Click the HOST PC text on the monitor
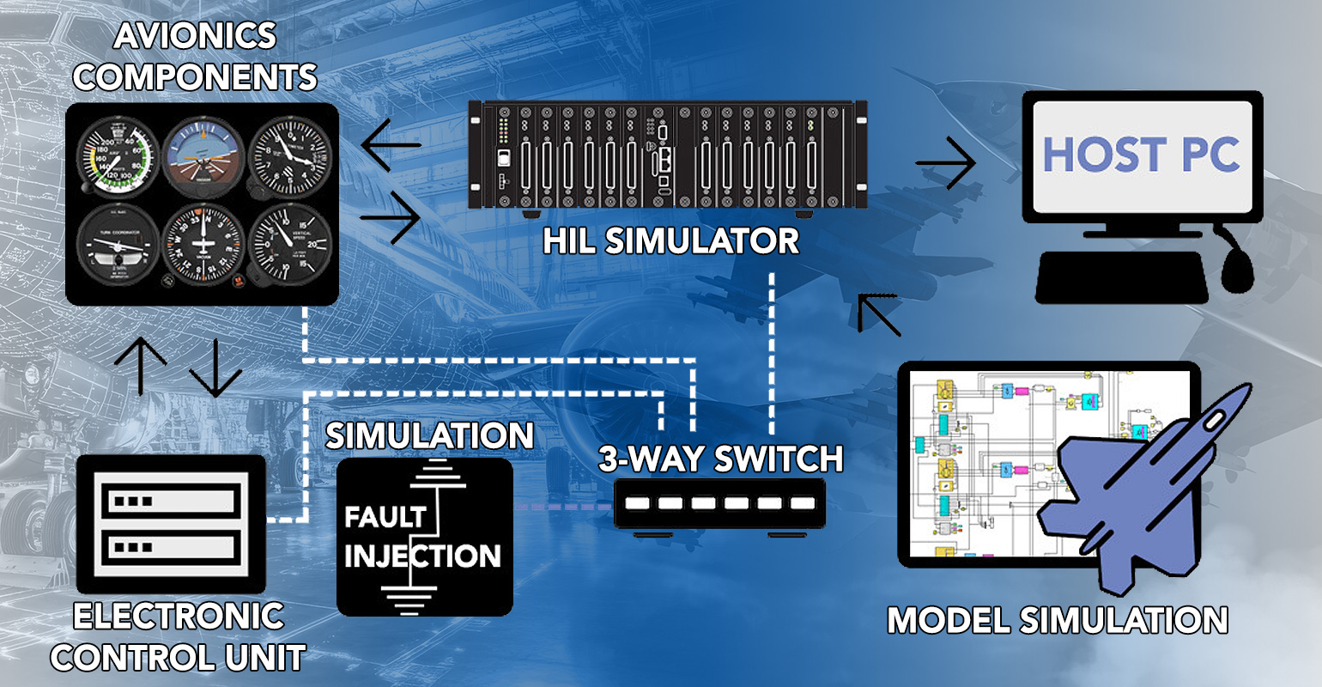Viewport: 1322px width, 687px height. point(1141,155)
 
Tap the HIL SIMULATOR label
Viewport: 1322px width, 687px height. point(670,241)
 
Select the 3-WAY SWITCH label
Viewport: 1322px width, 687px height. point(720,459)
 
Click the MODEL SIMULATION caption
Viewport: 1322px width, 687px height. point(1057,620)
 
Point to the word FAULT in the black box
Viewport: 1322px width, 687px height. point(385,517)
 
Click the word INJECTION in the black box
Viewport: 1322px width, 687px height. point(422,556)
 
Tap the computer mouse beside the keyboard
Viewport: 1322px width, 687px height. point(1238,271)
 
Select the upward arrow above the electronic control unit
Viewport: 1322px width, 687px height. point(141,365)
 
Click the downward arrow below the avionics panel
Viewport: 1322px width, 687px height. point(215,368)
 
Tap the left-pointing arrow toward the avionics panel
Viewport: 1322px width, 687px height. point(391,145)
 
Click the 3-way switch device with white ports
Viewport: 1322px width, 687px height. point(719,504)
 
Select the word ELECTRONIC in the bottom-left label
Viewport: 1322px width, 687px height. point(179,617)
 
